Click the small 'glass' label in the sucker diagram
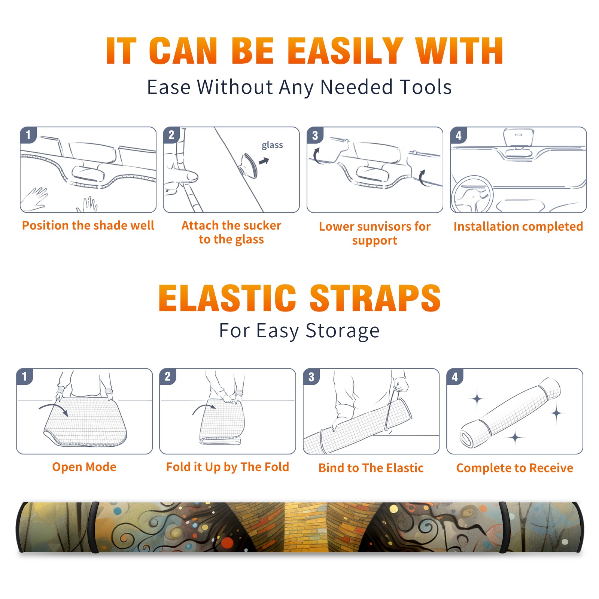coord(272,145)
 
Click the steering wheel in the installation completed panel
coord(472,194)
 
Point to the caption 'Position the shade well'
coord(88,225)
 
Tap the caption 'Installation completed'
coord(518,226)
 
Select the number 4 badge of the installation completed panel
coord(459,135)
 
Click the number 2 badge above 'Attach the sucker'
coord(171,135)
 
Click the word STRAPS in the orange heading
coord(375,298)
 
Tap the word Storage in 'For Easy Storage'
coord(343,331)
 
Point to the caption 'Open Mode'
coord(84,467)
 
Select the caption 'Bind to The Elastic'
coord(371,468)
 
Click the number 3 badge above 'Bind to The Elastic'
coord(311,377)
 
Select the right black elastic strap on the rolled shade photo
coord(503,527)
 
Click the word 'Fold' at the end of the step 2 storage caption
coord(277,467)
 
